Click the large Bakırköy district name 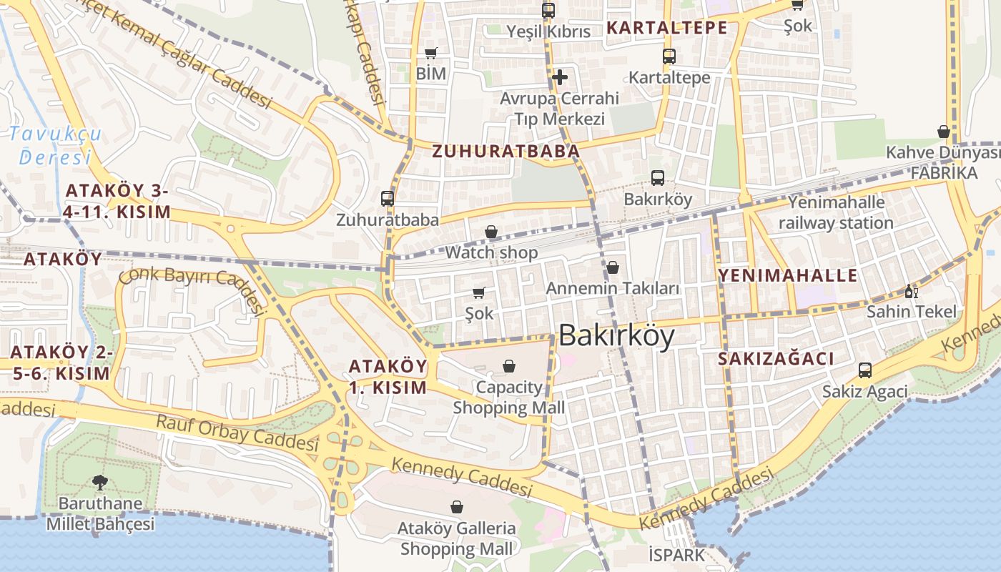pos(616,335)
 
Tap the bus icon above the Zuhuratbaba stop pos(388,199)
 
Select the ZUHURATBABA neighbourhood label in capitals pos(506,152)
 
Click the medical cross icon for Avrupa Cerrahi pos(560,77)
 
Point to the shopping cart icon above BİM pos(430,53)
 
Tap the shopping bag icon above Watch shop pos(491,232)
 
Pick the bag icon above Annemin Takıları pos(613,267)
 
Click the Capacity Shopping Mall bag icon pos(509,366)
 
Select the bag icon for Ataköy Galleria pos(457,507)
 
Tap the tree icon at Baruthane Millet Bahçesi pos(100,483)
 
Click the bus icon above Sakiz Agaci pos(865,370)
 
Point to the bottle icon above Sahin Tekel pos(911,291)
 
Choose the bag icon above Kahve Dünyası pos(944,132)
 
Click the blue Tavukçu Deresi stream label pos(56,145)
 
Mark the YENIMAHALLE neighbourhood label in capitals pos(787,275)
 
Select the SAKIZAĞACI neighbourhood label pos(776,359)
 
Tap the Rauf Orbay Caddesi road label pos(237,433)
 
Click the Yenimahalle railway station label pos(836,212)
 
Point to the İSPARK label pos(676,555)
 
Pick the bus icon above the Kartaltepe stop pos(669,56)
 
